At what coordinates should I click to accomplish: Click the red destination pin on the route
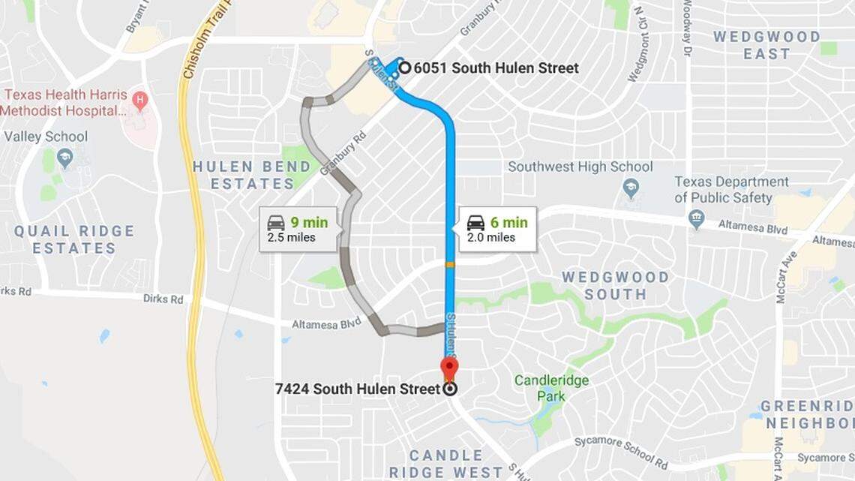[x=449, y=368]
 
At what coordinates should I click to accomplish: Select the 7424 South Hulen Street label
[x=357, y=389]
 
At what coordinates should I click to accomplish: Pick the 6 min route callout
[x=496, y=230]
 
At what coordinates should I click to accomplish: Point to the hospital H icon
[x=139, y=99]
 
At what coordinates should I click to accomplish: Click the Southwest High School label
[x=580, y=167]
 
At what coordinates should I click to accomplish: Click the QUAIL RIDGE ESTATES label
[x=73, y=239]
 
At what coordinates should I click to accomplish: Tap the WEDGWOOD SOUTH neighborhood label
[x=615, y=285]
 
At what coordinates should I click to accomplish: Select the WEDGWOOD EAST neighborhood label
[x=766, y=45]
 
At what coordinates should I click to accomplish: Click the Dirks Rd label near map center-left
[x=163, y=299]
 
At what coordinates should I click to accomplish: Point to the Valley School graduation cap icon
[x=65, y=158]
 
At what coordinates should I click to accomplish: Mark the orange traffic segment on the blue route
[x=449, y=264]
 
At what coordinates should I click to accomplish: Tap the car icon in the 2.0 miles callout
[x=475, y=223]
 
